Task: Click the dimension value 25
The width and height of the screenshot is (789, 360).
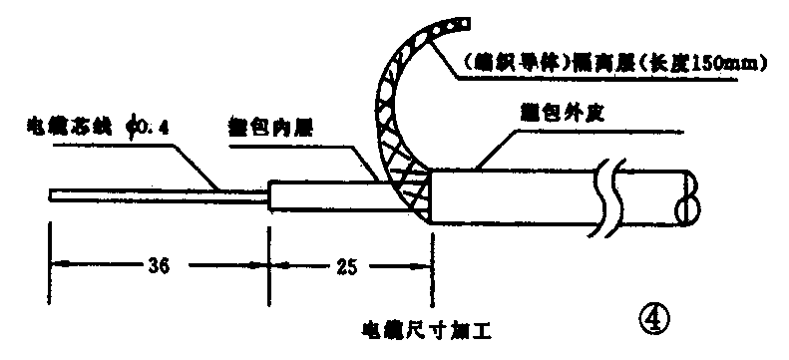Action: (x=345, y=266)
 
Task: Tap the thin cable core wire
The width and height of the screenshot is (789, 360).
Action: (x=160, y=191)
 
